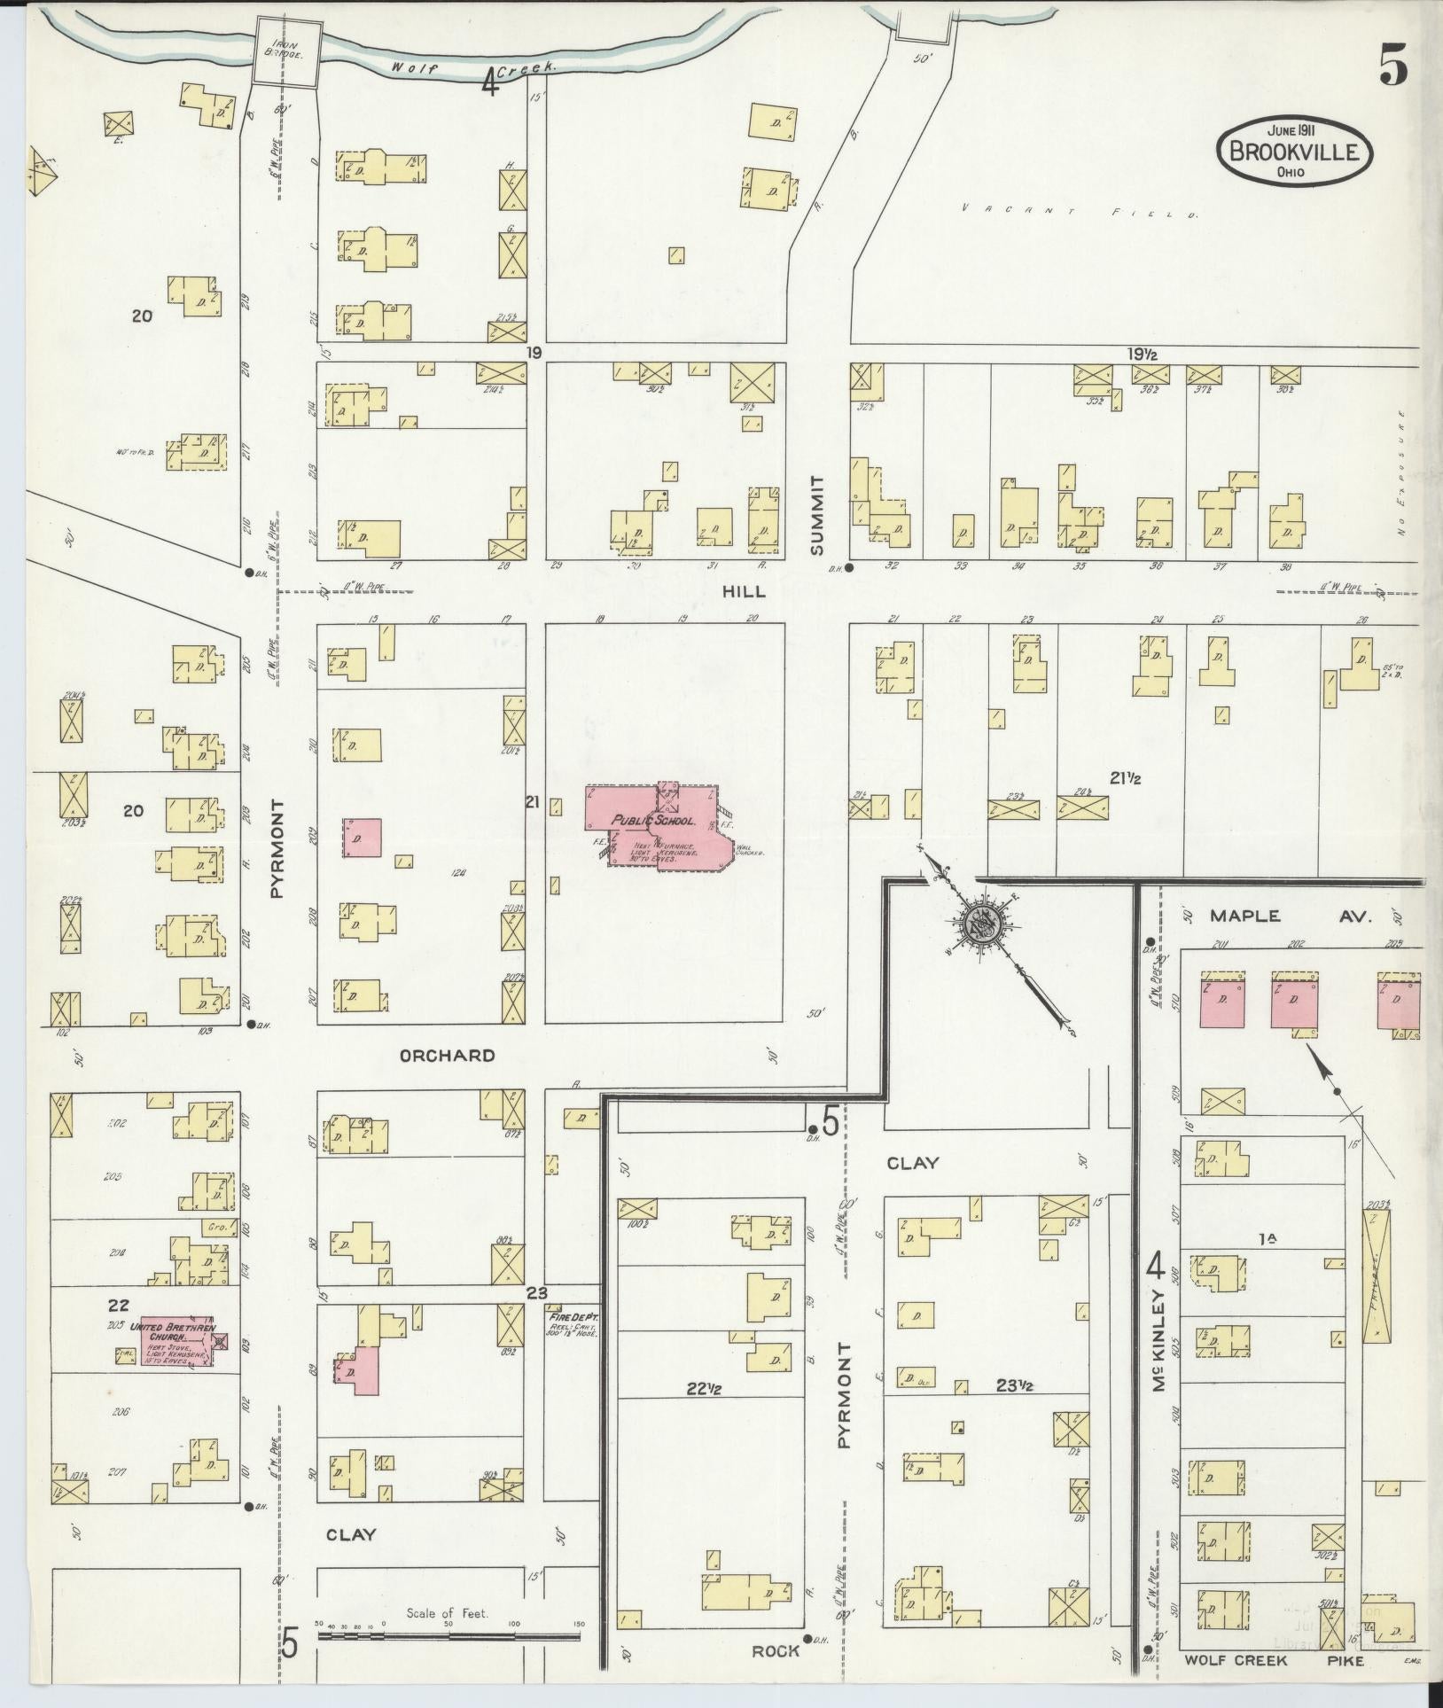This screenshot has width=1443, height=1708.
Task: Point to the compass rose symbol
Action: pyautogui.click(x=984, y=927)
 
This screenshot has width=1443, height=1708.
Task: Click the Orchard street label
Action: pyautogui.click(x=447, y=1056)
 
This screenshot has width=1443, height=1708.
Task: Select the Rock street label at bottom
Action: pyautogui.click(x=776, y=1651)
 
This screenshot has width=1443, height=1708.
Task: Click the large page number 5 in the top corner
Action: pyautogui.click(x=1393, y=68)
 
